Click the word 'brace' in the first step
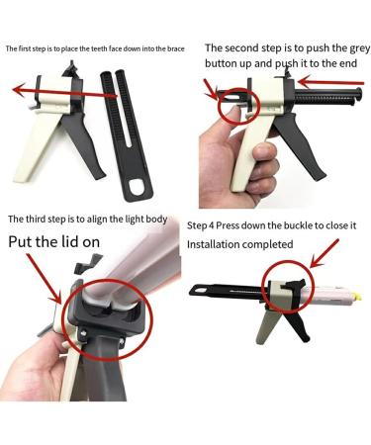tap(172, 47)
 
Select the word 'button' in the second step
tap(227, 63)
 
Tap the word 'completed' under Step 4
tap(268, 243)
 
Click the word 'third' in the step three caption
tap(44, 219)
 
